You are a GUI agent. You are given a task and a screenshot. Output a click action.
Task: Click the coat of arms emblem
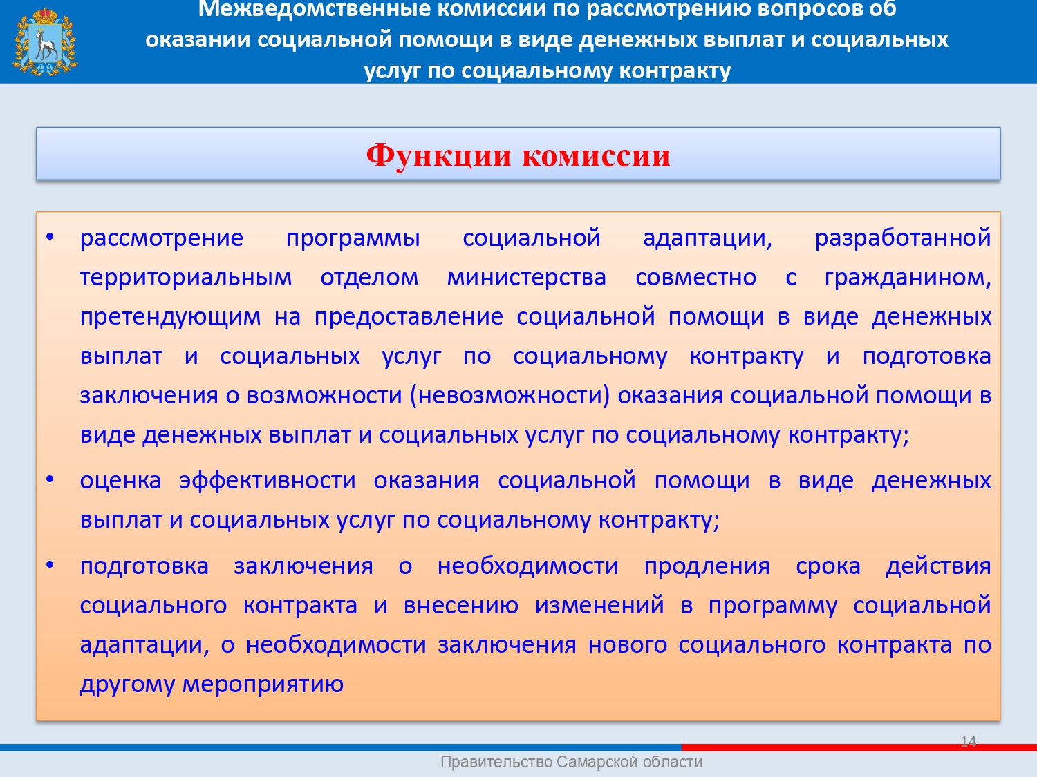pyautogui.click(x=46, y=41)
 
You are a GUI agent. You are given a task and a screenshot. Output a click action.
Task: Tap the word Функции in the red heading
pyautogui.click(x=438, y=155)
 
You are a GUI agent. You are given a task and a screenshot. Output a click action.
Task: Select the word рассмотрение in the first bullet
pyautogui.click(x=162, y=238)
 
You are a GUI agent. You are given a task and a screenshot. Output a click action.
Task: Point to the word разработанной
pyautogui.click(x=903, y=238)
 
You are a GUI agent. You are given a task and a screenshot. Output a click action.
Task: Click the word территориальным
pyautogui.click(x=186, y=278)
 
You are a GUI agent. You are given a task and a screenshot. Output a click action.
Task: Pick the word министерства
pyautogui.click(x=526, y=278)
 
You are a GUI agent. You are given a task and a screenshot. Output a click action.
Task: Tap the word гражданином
pyautogui.click(x=908, y=278)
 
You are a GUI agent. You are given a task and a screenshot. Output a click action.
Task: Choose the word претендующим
pyautogui.click(x=170, y=317)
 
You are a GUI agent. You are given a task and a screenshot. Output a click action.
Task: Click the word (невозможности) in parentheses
pyautogui.click(x=510, y=395)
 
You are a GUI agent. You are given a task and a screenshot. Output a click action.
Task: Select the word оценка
pyautogui.click(x=120, y=481)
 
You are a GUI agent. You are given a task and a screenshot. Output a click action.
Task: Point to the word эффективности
pyautogui.click(x=268, y=481)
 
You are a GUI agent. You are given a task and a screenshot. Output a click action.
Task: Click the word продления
pyautogui.click(x=707, y=566)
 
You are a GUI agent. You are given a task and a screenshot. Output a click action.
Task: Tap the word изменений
pyautogui.click(x=599, y=605)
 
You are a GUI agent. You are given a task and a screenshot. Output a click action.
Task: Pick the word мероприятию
pyautogui.click(x=263, y=684)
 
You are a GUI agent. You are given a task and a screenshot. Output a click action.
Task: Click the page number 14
pyautogui.click(x=969, y=741)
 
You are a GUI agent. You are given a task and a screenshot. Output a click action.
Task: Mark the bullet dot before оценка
pyautogui.click(x=50, y=479)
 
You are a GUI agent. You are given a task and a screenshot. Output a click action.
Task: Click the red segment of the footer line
pyautogui.click(x=859, y=747)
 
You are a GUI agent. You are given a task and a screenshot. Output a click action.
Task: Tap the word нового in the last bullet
pyautogui.click(x=628, y=645)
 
